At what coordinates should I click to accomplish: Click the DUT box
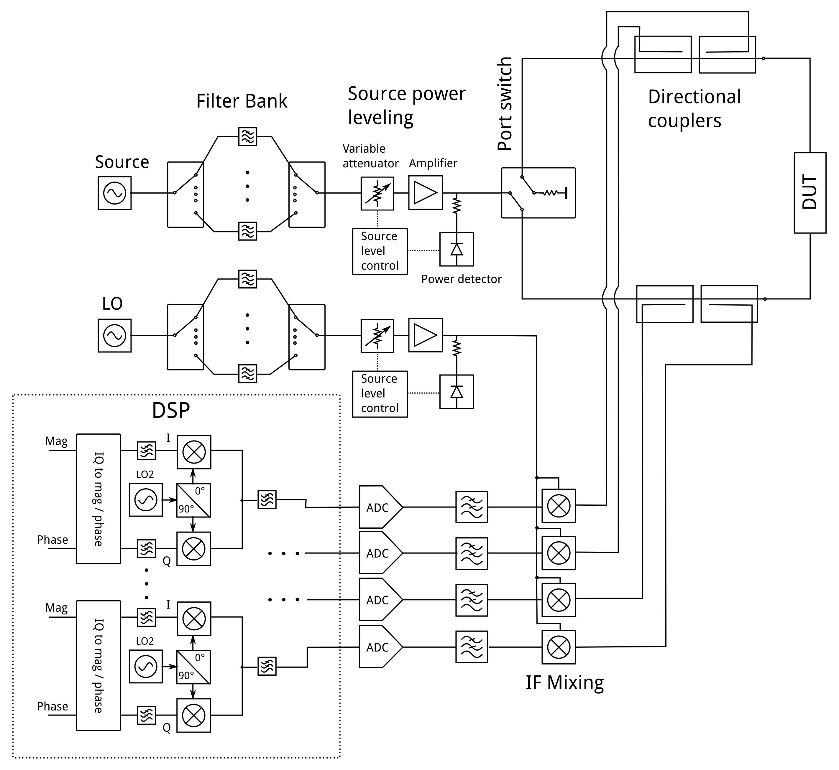pos(810,192)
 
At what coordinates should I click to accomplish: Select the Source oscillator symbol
pos(115,193)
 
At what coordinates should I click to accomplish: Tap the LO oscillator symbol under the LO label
pos(115,335)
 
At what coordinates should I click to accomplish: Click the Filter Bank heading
pos(242,101)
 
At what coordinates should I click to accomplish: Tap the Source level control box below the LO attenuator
pos(380,394)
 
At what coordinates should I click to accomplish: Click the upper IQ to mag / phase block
pos(98,499)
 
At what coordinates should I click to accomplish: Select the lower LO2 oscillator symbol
pos(145,666)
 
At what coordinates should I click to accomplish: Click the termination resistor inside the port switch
pos(551,193)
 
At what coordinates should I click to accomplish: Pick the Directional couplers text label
pos(694,109)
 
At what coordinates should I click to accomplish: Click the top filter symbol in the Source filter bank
pos(247,136)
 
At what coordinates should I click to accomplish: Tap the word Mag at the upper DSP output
pos(56,441)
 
